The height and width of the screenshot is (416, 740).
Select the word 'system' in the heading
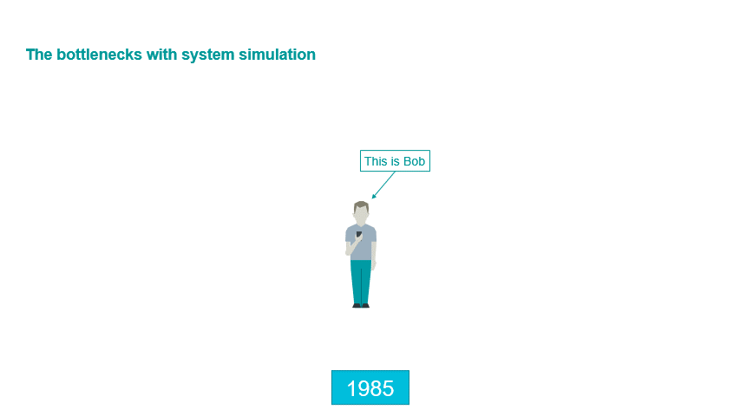(x=208, y=55)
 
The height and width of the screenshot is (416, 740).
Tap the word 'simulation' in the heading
(x=277, y=55)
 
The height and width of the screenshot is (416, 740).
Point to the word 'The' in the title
(x=39, y=55)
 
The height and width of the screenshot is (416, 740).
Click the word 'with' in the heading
(x=162, y=55)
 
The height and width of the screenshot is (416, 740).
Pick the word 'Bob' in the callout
(x=414, y=161)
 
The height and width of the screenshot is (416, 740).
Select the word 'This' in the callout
(x=376, y=161)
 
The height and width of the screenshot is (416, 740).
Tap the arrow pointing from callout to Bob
(x=383, y=185)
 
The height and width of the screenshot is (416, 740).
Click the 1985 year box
(x=370, y=387)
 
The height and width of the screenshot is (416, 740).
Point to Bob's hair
(x=361, y=206)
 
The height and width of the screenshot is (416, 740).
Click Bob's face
(x=361, y=217)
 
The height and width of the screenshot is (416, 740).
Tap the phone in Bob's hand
(x=358, y=234)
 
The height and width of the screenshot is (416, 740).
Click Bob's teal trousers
(x=361, y=282)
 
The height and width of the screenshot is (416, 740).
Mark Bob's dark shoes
(x=361, y=306)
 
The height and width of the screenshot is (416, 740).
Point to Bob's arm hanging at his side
(x=374, y=255)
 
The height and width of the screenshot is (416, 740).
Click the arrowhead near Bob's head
(x=373, y=197)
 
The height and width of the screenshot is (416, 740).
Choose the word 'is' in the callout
(x=395, y=161)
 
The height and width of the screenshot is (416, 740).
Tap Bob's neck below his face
(x=361, y=226)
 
